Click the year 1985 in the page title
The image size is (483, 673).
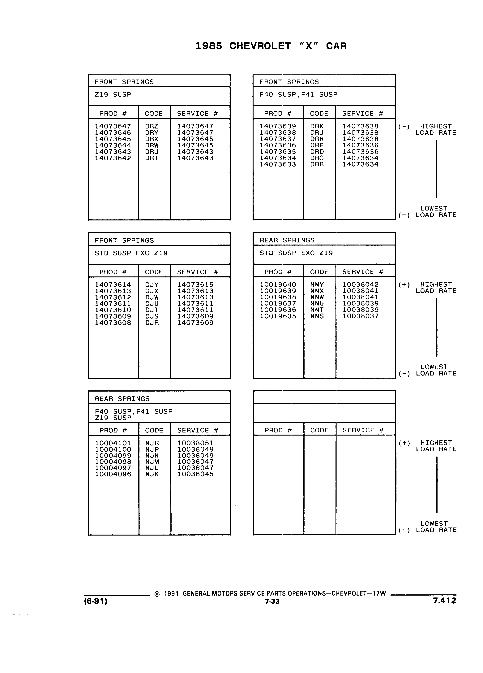point(209,46)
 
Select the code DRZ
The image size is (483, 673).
point(152,126)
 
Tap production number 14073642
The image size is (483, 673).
point(113,158)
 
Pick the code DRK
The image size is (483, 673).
point(317,126)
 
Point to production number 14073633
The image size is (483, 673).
point(278,164)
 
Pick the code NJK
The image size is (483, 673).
point(152,474)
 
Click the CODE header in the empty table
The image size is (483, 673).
point(319,430)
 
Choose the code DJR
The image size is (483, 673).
point(152,323)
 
